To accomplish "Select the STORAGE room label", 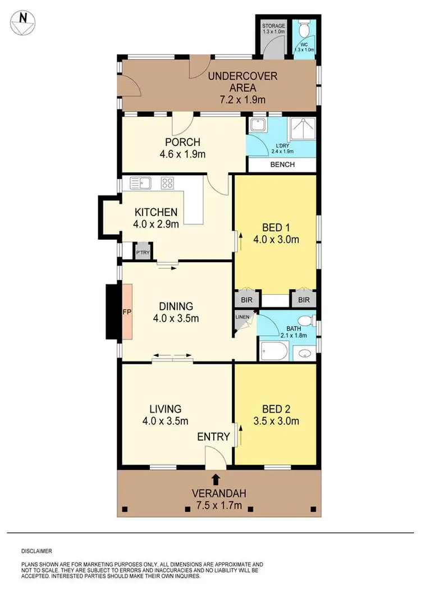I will tap(274, 26).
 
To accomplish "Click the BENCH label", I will tap(282, 166).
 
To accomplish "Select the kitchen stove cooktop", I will tap(167, 182).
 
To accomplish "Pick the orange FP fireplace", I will tap(127, 312).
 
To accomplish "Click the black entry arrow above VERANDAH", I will tap(216, 478).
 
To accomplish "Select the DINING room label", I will tap(176, 306).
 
